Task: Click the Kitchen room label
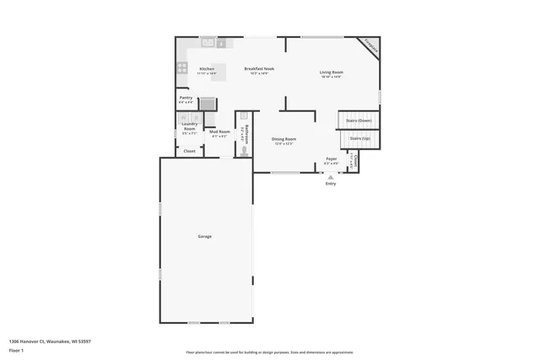(207, 68)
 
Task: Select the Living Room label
(331, 73)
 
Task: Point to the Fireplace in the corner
(369, 46)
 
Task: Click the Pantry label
(186, 98)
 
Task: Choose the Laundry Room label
(189, 126)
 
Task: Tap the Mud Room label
(219, 132)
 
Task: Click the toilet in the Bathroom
(245, 152)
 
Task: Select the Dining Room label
(283, 139)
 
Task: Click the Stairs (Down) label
(359, 121)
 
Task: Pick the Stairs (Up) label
(359, 138)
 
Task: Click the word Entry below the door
(330, 184)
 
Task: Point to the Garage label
(205, 236)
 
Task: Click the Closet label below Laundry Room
(190, 151)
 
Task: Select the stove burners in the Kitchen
(181, 68)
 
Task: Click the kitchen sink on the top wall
(208, 42)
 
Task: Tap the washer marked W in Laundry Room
(183, 117)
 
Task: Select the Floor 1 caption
(15, 349)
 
